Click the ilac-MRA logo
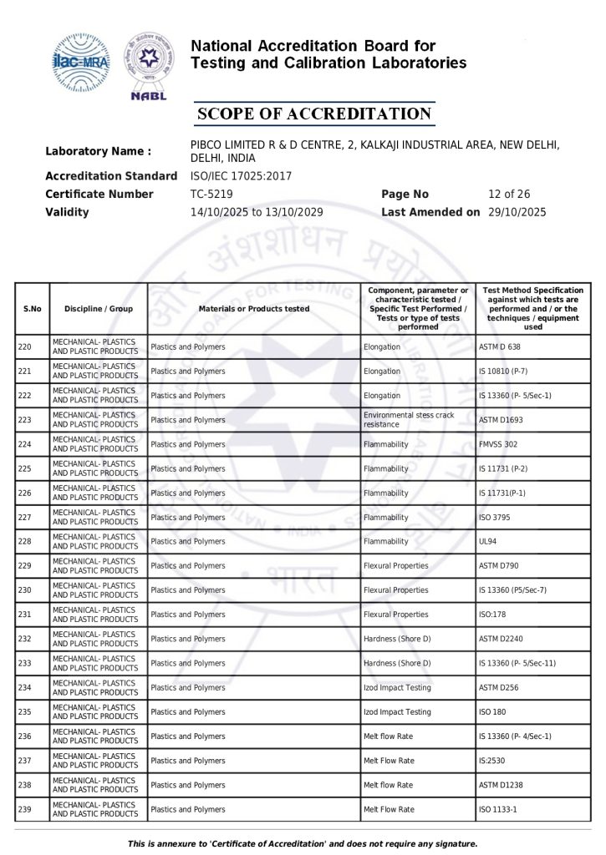pyautogui.click(x=81, y=62)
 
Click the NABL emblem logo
pyautogui.click(x=150, y=65)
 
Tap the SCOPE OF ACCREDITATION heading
pyautogui.click(x=313, y=114)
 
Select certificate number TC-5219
pyautogui.click(x=211, y=195)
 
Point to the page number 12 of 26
pyautogui.click(x=510, y=195)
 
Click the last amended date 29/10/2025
pyautogui.click(x=517, y=212)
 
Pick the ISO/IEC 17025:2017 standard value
pyautogui.click(x=241, y=176)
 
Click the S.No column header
pyautogui.click(x=32, y=309)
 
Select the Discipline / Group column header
pyautogui.click(x=99, y=309)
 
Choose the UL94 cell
pyautogui.click(x=487, y=542)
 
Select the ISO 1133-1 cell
pyautogui.click(x=500, y=809)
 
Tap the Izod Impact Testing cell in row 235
pyautogui.click(x=397, y=712)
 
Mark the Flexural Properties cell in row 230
pyautogui.click(x=395, y=590)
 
